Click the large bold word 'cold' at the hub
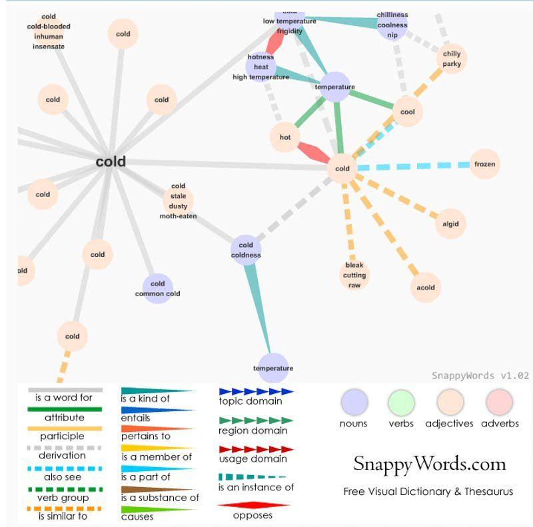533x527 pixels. pyautogui.click(x=111, y=162)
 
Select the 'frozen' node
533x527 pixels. pyautogui.click(x=484, y=164)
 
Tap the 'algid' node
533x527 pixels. pyautogui.click(x=450, y=224)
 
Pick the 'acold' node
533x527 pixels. pyautogui.click(x=426, y=287)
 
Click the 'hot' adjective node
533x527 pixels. pyautogui.click(x=285, y=137)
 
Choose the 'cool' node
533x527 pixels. pyautogui.click(x=408, y=112)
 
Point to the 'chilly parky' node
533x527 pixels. pyautogui.click(x=452, y=59)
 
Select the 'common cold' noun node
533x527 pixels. pyautogui.click(x=158, y=289)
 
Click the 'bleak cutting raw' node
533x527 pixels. pyautogui.click(x=354, y=275)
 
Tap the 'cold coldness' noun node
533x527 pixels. pyautogui.click(x=246, y=250)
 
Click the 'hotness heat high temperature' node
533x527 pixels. pyautogui.click(x=261, y=67)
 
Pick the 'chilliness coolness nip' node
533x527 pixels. pyautogui.click(x=392, y=25)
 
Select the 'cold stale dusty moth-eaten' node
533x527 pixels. pyautogui.click(x=178, y=201)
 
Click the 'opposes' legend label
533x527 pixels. pyautogui.click(x=253, y=516)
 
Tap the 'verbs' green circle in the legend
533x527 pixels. pyautogui.click(x=401, y=403)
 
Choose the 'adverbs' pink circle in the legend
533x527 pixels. pyautogui.click(x=500, y=403)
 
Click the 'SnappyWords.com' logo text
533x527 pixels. pyautogui.click(x=429, y=464)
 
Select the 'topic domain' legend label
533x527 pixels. pyautogui.click(x=251, y=401)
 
